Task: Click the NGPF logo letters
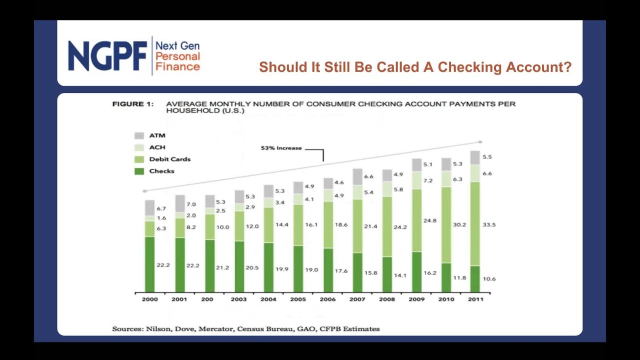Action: [x=107, y=56]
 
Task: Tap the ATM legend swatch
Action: [x=139, y=135]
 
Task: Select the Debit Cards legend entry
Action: [x=169, y=159]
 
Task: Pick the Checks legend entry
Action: [x=161, y=171]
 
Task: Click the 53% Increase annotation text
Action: [x=281, y=148]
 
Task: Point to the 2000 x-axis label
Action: [x=149, y=299]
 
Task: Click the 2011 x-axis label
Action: [x=475, y=299]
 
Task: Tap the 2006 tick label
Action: [x=327, y=299]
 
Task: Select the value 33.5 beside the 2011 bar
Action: [x=489, y=224]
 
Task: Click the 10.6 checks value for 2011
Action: [x=489, y=278]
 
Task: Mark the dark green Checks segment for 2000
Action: [x=149, y=264]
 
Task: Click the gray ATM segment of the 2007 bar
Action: [x=357, y=176]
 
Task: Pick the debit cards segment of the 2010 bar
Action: [x=446, y=224]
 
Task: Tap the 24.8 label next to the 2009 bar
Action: [x=429, y=220]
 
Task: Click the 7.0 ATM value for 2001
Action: [x=191, y=204]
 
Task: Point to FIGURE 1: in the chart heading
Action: [x=132, y=104]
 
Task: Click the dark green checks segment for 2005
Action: [x=298, y=268]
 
